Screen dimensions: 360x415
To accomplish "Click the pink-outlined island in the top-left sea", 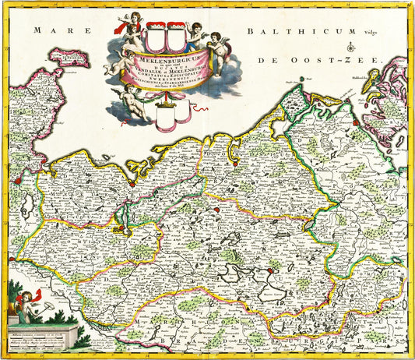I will pyautogui.click(x=66, y=58).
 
